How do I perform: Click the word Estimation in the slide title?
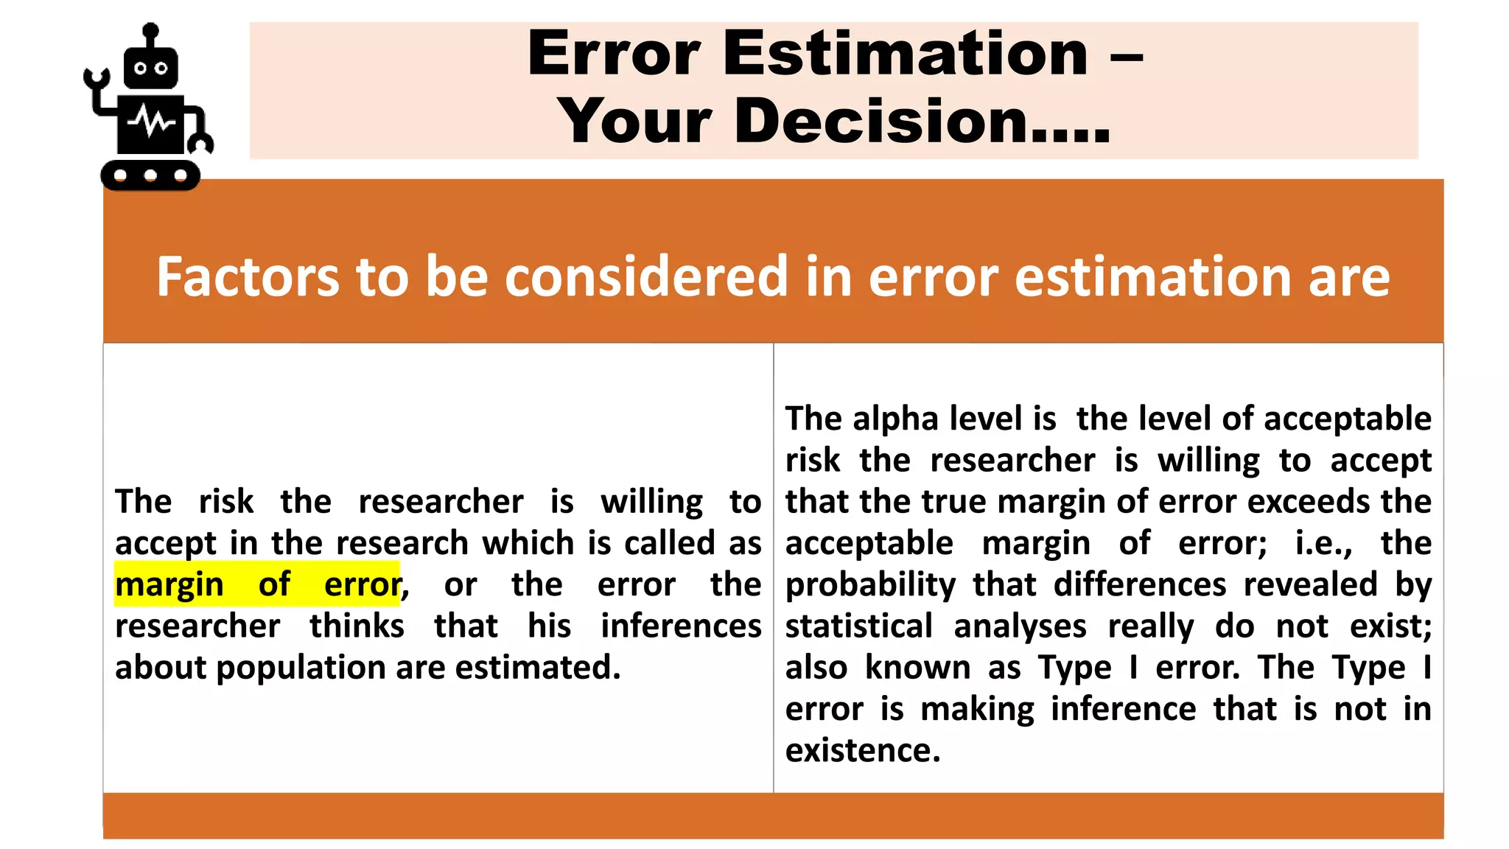pos(906,54)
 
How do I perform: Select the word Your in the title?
pos(634,121)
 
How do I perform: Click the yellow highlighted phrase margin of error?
pos(257,584)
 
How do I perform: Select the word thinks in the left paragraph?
pos(357,626)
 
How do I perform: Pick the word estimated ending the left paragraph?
pos(537,668)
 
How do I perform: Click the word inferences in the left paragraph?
pos(681,626)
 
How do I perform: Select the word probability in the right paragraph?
pos(870,585)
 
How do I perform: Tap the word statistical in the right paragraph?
pos(859,626)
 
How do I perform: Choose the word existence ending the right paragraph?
pos(862,751)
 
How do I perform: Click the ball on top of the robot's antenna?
pos(150,31)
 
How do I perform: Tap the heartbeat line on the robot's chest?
pos(151,122)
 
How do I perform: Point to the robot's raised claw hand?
pos(96,79)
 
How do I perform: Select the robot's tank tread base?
pos(150,175)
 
